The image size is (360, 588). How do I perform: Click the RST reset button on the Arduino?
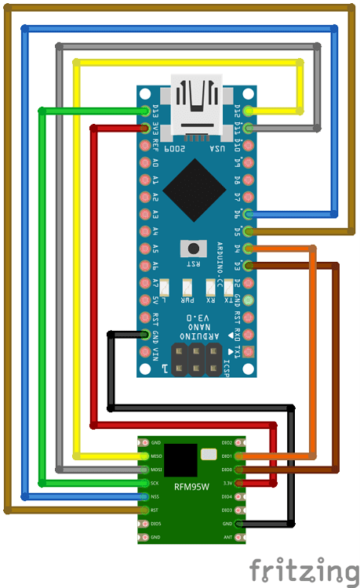pyautogui.click(x=192, y=248)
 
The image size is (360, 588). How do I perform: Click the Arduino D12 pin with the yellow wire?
pyautogui.click(x=249, y=111)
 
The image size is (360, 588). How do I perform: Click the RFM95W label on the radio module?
pyautogui.click(x=191, y=488)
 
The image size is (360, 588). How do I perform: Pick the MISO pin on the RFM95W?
pyautogui.click(x=144, y=456)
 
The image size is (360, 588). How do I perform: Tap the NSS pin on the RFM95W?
pyautogui.click(x=144, y=496)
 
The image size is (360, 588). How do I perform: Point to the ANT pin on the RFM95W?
pyautogui.click(x=239, y=537)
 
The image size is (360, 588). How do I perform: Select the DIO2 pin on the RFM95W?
pyautogui.click(x=239, y=442)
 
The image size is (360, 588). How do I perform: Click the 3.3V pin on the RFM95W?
pyautogui.click(x=239, y=483)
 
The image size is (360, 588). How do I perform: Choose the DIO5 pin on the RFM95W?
pyautogui.click(x=144, y=523)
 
